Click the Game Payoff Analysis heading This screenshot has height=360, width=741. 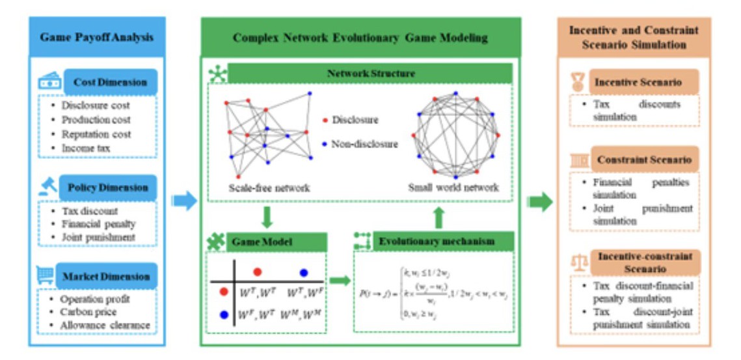click(97, 36)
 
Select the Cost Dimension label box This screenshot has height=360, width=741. click(110, 83)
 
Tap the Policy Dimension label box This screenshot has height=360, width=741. click(107, 187)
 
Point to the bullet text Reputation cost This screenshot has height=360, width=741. click(96, 134)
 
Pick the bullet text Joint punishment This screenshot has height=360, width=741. click(98, 237)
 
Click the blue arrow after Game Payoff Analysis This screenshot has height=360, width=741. click(184, 201)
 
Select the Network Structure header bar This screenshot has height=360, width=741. click(370, 74)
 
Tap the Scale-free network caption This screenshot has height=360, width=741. click(269, 187)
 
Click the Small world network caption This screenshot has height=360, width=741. click(453, 187)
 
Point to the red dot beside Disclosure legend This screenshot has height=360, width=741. click(325, 120)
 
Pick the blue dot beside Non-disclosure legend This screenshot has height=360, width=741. click(325, 144)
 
